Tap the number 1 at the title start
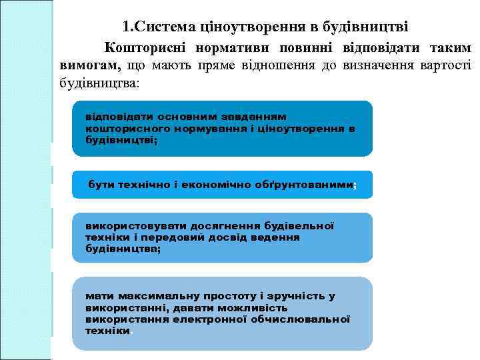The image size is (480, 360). (x=127, y=27)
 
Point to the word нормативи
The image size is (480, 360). (x=224, y=48)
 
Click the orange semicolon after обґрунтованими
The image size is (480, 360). (x=355, y=185)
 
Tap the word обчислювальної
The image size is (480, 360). (x=300, y=319)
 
